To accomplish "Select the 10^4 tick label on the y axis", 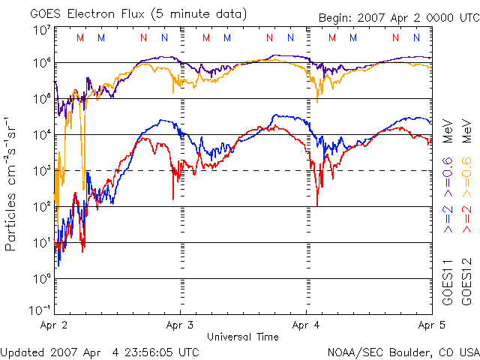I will [x=41, y=134].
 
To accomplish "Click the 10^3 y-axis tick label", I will [x=41, y=170].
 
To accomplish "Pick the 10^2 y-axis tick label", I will [x=41, y=206].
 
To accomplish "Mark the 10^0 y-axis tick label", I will [x=41, y=278].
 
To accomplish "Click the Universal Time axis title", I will [x=243, y=337].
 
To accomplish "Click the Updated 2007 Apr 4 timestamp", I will [x=100, y=352].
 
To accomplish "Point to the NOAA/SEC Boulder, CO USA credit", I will [x=403, y=352].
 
